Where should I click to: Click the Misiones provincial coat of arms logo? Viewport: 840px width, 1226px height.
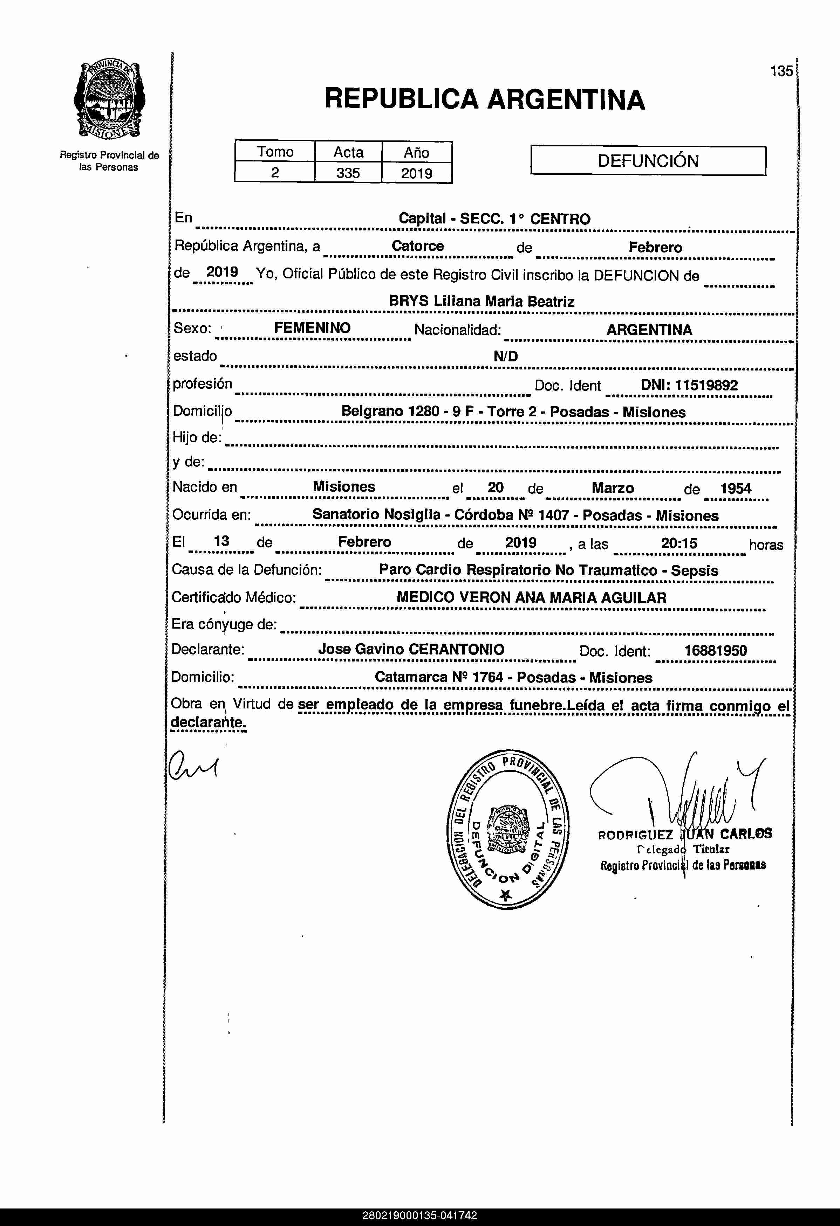(x=109, y=100)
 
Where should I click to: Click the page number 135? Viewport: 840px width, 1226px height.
(x=781, y=71)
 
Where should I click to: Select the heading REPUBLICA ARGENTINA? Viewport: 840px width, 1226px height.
(x=484, y=99)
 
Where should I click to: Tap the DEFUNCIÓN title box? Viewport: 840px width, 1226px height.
(x=648, y=161)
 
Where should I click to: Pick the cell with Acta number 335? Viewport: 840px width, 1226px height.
(x=348, y=173)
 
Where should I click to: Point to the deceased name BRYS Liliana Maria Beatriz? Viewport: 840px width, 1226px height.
(x=482, y=301)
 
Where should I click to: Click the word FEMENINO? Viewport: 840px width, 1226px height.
(x=312, y=328)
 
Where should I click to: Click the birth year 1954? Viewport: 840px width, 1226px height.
(x=736, y=489)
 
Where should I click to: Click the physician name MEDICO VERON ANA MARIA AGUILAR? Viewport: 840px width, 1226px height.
(x=531, y=598)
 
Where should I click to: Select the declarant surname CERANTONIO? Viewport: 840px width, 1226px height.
(x=457, y=649)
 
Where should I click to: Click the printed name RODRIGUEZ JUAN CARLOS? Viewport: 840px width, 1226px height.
(x=685, y=834)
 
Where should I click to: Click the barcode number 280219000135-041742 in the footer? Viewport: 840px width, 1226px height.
(x=420, y=1215)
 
